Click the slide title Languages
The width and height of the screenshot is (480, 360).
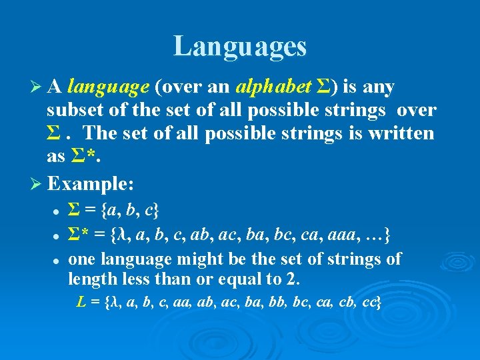pyautogui.click(x=240, y=47)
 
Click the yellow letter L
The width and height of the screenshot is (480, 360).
pyautogui.click(x=81, y=303)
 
